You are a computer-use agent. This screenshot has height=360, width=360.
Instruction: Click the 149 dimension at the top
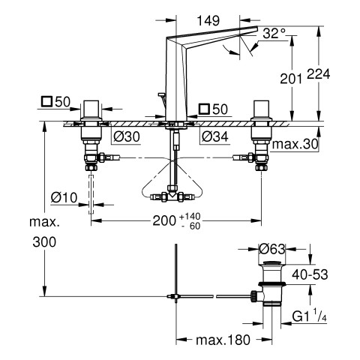(x=208, y=20)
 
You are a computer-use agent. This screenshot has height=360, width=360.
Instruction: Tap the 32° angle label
(x=274, y=33)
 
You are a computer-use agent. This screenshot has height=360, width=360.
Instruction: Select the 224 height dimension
(x=319, y=74)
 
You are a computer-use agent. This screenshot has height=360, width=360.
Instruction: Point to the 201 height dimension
(x=291, y=79)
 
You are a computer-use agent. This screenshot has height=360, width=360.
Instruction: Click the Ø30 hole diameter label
(x=127, y=136)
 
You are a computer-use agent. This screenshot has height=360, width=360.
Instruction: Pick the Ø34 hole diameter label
(x=215, y=136)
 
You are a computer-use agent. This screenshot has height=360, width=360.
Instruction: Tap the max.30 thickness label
(x=295, y=145)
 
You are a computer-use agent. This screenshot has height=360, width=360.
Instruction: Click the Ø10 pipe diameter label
(x=64, y=198)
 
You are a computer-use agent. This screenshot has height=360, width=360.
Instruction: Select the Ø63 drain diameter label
(x=272, y=249)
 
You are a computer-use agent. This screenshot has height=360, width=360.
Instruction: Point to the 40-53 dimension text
(x=310, y=274)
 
